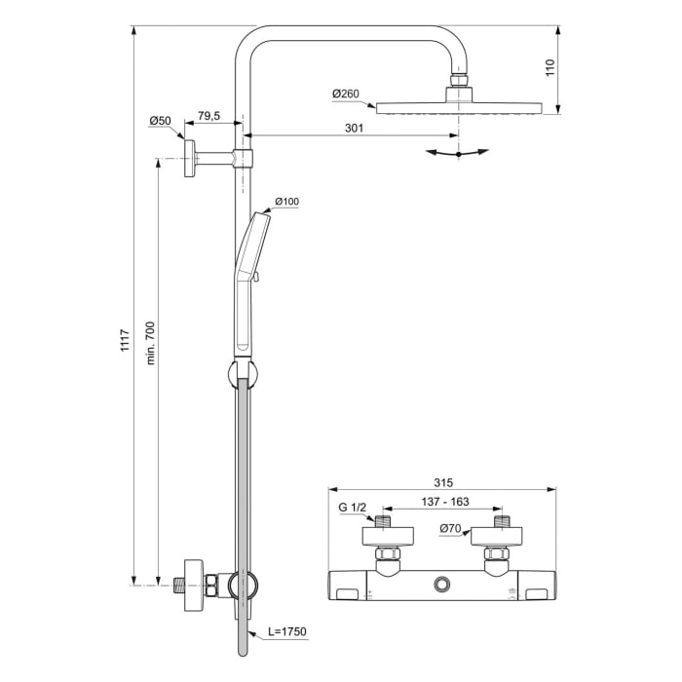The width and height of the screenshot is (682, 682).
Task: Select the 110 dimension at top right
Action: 549,67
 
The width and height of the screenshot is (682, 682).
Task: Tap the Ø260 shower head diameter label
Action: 346,94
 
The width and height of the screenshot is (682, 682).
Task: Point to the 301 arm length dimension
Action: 355,128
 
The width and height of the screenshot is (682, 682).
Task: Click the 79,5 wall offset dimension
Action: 208,116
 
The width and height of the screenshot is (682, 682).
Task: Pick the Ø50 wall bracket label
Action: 160,121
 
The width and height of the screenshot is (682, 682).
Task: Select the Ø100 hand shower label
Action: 286,202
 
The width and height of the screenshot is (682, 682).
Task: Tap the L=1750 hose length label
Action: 284,632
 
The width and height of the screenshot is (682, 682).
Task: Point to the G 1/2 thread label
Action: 354,507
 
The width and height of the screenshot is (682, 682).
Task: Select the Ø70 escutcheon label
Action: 450,529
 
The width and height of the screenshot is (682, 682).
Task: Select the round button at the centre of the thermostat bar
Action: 443,583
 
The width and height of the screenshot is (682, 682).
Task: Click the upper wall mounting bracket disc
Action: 193,158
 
